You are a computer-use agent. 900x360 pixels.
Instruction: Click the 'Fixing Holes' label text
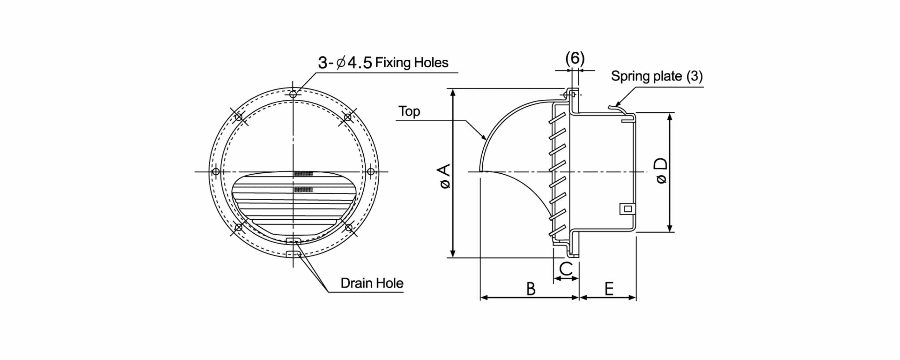point(412,63)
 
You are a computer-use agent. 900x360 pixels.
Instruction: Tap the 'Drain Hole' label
point(372,283)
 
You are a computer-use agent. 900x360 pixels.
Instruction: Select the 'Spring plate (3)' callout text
point(657,76)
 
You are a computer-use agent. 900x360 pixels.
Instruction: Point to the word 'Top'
point(409,111)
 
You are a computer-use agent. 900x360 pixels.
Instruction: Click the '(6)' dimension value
point(575,58)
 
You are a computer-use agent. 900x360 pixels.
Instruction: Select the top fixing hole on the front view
point(293,94)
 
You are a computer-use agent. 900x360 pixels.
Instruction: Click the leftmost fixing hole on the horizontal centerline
point(216,172)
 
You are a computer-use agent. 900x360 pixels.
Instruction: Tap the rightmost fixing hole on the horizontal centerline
point(371,172)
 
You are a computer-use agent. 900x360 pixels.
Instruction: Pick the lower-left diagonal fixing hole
point(239,228)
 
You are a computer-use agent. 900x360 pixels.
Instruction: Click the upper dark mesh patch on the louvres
point(304,173)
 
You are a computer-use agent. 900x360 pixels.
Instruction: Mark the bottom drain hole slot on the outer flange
point(294,254)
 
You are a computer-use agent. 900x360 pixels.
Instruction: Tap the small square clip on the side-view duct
point(627,209)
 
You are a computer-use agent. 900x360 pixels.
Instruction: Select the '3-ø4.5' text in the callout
point(345,63)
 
